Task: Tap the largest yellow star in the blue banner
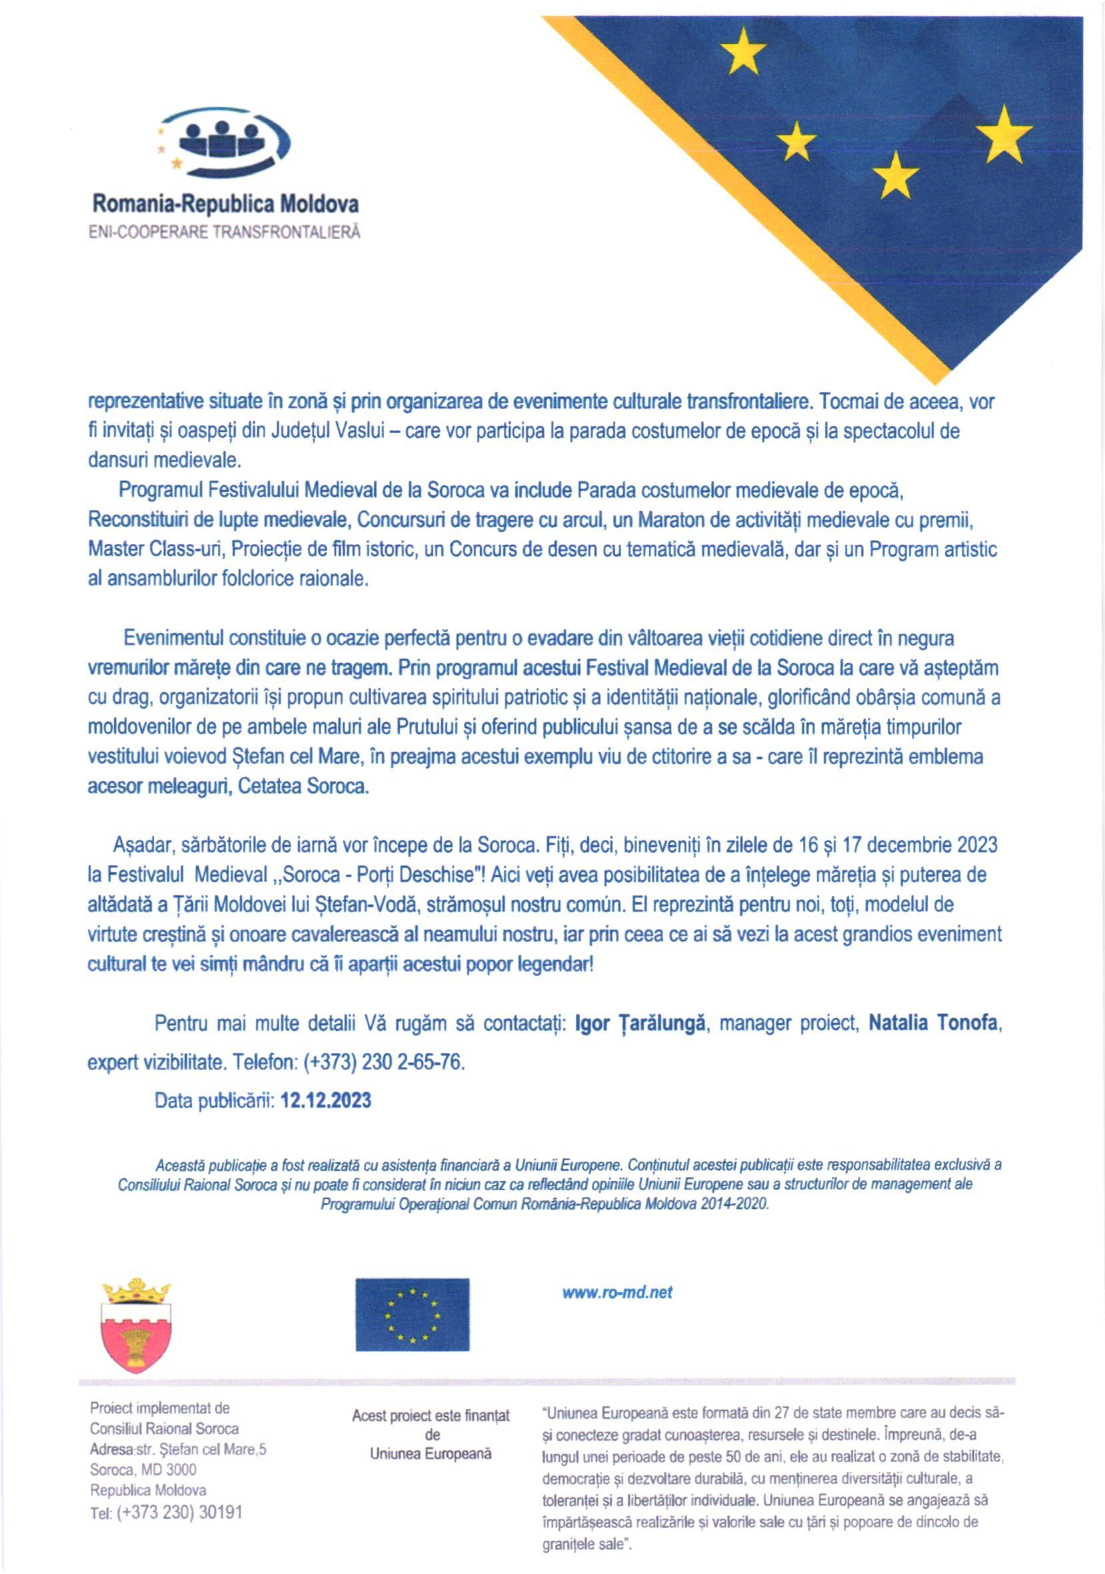[1004, 135]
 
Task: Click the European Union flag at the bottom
[412, 1314]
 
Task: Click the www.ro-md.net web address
[617, 1293]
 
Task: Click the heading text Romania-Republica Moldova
[225, 205]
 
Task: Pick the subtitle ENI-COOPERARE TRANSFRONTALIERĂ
[225, 233]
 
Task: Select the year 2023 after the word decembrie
[976, 845]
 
